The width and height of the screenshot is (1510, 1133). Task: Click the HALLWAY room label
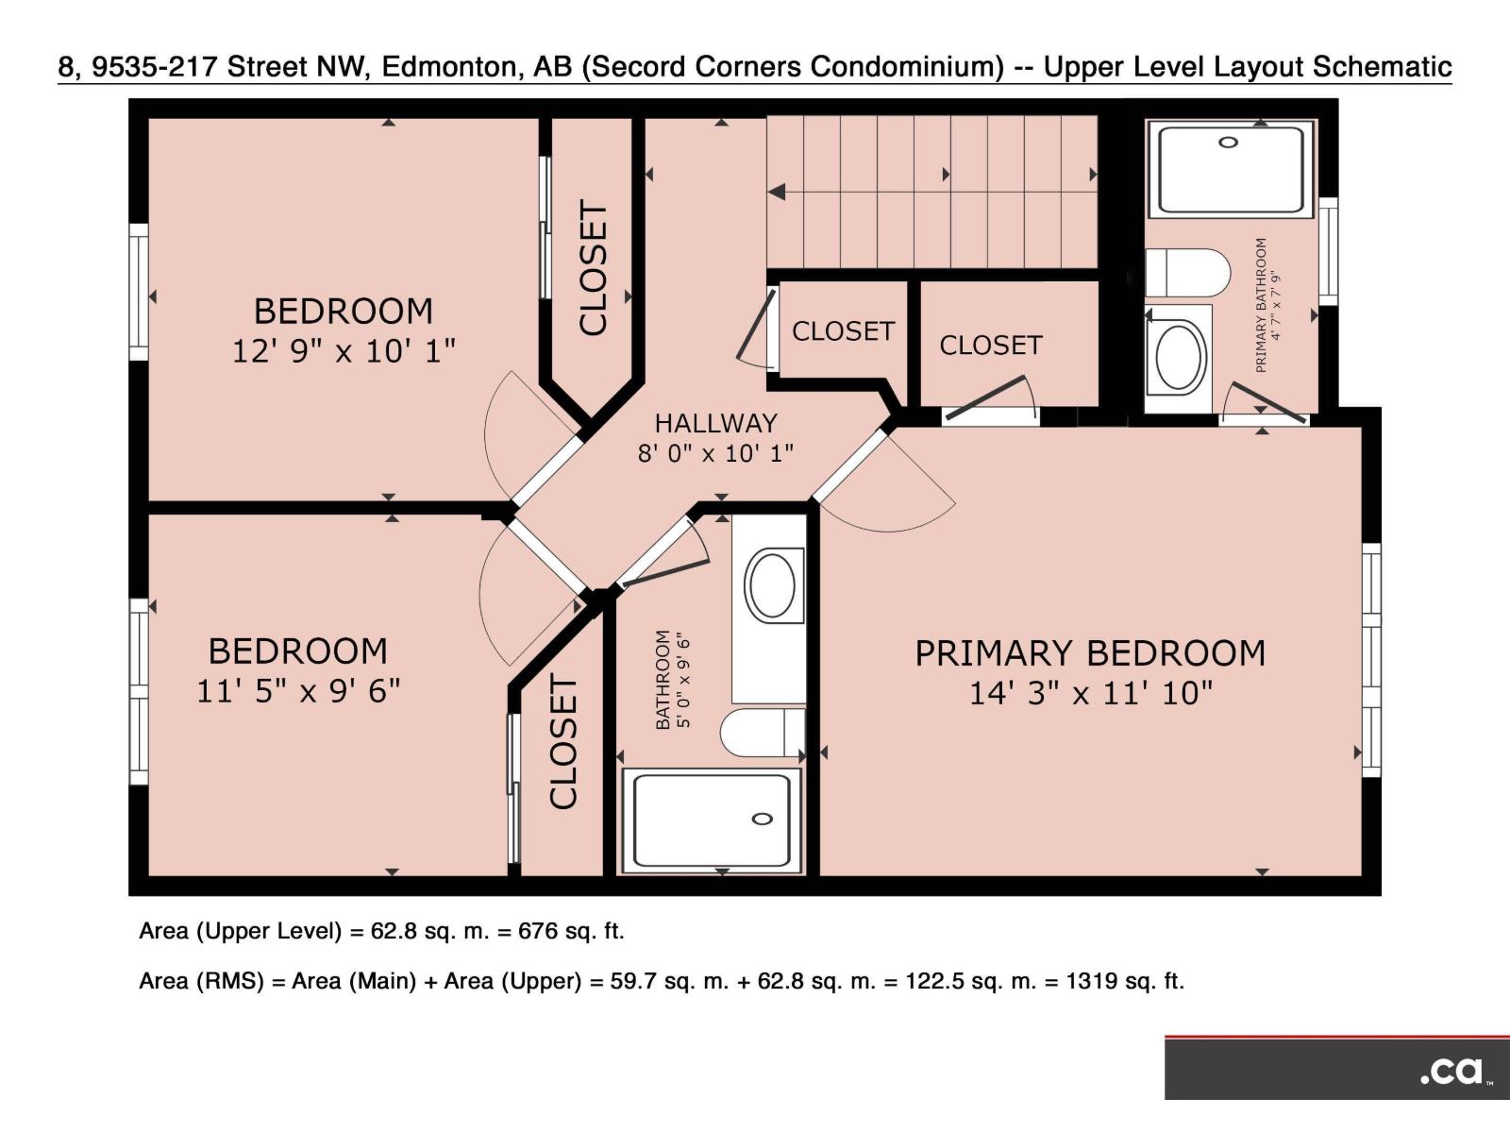coord(715,423)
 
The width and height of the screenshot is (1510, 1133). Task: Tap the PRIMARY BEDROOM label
coord(1090,652)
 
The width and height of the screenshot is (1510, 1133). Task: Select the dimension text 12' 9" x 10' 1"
coord(344,351)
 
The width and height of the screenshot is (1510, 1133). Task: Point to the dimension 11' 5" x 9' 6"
coord(298,691)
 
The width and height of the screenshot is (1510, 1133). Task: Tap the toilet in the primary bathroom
coord(1187,273)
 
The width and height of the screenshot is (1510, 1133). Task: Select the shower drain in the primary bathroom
coord(1228,143)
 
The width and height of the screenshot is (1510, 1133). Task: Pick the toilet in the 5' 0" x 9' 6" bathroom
coord(763,733)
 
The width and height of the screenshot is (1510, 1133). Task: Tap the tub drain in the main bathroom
coord(763,819)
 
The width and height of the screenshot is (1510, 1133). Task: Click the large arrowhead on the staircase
coord(777,192)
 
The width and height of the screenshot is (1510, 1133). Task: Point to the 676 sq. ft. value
coord(571,932)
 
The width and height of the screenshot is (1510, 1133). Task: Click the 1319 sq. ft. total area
coord(1126,981)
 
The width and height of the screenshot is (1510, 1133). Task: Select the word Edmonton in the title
coord(448,67)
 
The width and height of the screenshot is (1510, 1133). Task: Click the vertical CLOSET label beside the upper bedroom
coord(594,268)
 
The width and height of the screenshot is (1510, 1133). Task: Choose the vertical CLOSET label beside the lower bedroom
coord(563,741)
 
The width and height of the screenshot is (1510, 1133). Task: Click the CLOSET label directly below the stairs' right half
coord(991,346)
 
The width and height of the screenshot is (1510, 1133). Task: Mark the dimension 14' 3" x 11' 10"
coord(1091,693)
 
